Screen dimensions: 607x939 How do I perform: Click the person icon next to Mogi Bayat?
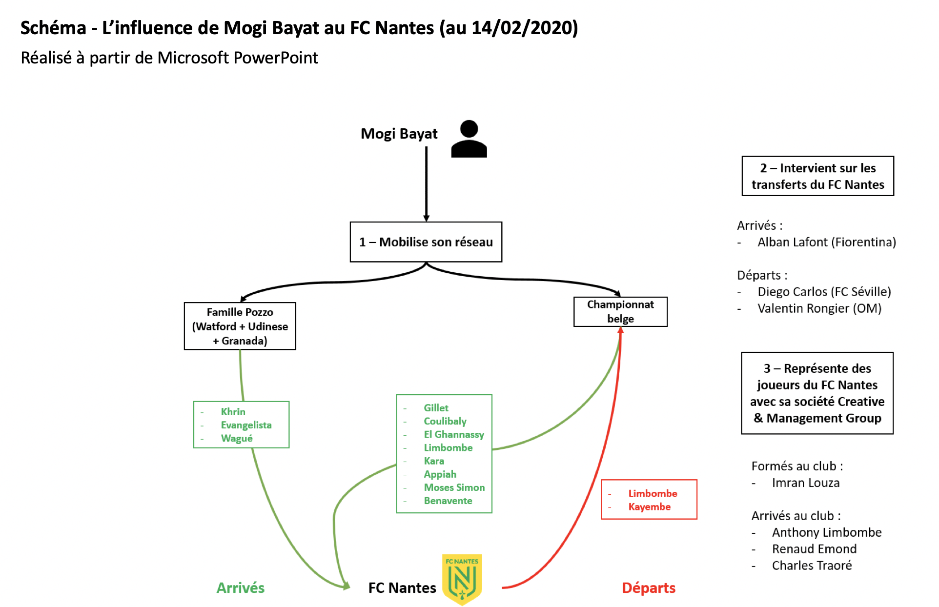click(x=469, y=139)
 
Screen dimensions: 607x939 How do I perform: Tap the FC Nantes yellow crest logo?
click(x=462, y=579)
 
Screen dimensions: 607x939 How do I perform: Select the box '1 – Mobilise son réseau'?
click(x=426, y=242)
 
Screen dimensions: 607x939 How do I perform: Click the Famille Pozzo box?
click(x=240, y=326)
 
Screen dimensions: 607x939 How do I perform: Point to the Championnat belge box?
click(x=620, y=311)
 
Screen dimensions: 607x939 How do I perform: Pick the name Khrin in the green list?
click(x=233, y=412)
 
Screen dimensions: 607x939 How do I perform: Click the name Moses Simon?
click(x=454, y=487)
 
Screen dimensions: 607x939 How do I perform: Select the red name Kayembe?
click(x=649, y=507)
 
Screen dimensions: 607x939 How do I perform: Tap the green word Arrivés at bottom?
click(x=240, y=588)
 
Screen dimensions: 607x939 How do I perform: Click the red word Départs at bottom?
click(x=648, y=588)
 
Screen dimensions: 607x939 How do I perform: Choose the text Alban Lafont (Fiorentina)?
click(x=826, y=242)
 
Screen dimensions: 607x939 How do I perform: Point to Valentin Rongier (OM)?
click(x=819, y=308)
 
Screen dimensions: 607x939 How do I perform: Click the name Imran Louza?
click(x=805, y=483)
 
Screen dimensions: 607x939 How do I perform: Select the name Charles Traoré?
click(x=812, y=566)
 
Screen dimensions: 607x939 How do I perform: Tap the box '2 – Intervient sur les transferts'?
click(x=817, y=176)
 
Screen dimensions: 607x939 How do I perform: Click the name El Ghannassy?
click(x=453, y=434)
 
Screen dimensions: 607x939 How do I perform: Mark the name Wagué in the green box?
click(x=237, y=438)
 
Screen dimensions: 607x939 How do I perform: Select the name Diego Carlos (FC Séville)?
click(x=824, y=292)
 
